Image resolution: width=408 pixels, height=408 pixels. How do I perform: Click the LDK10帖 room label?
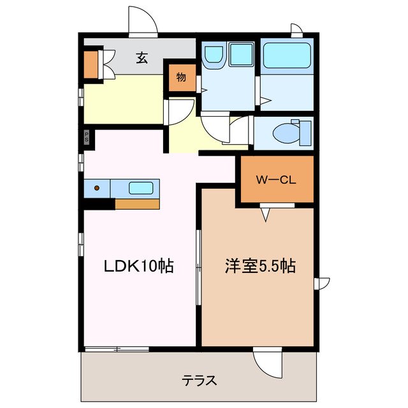pos(140,266)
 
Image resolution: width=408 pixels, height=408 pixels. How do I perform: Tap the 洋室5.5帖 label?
pos(259,266)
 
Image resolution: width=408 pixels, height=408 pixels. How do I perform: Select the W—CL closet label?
pos(276,179)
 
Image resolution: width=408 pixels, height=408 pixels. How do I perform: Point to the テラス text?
pos(200,381)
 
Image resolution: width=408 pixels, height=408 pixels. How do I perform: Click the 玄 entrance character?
pos(142,58)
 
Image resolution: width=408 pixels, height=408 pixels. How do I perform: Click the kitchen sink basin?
pos(141,188)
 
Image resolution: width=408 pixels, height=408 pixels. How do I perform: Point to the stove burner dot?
pos(97,188)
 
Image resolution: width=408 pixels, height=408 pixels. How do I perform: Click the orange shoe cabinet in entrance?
pos(91,63)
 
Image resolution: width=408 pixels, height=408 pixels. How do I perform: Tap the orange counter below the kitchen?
pos(136,204)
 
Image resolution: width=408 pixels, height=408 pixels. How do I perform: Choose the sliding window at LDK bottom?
pos(117,349)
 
